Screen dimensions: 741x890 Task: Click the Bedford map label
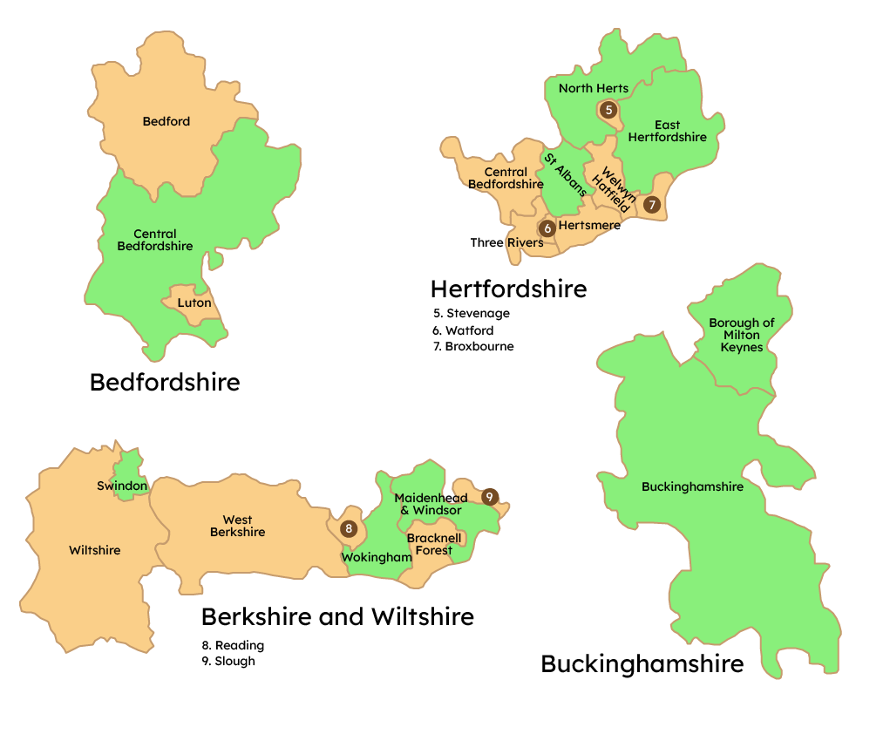click(166, 122)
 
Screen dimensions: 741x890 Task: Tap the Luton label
click(194, 303)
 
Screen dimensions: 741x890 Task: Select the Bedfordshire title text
click(165, 382)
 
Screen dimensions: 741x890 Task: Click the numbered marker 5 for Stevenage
click(608, 110)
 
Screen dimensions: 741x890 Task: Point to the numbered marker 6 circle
click(547, 228)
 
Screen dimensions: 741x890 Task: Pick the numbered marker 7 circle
click(652, 205)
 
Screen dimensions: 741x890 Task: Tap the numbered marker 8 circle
click(349, 528)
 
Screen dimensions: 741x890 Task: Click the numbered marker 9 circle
click(490, 496)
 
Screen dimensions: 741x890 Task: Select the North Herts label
click(594, 89)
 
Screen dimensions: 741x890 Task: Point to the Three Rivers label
click(506, 242)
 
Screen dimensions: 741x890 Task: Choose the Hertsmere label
click(589, 226)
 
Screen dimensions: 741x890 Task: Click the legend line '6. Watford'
click(463, 330)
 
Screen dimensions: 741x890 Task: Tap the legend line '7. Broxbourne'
click(473, 346)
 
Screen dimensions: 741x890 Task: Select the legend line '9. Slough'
click(228, 661)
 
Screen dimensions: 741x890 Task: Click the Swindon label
click(122, 486)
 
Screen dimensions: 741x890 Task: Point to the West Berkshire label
click(237, 527)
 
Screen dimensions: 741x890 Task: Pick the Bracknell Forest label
click(434, 545)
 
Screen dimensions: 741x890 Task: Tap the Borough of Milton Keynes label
click(742, 336)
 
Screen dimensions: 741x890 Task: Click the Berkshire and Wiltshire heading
click(337, 617)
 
